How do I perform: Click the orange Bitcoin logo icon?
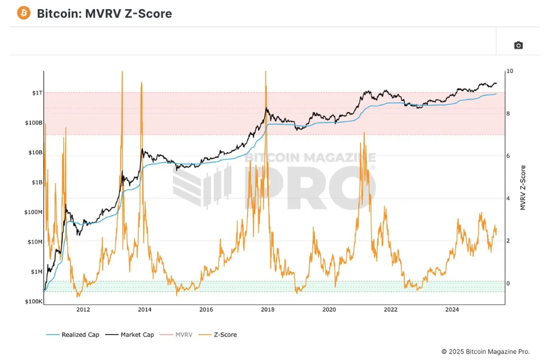(24, 13)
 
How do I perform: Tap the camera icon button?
(518, 46)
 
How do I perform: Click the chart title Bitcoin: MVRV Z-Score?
(104, 13)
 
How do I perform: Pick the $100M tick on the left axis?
(32, 212)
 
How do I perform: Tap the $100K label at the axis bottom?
(32, 301)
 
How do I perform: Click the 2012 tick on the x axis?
(83, 310)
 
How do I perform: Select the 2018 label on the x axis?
(267, 310)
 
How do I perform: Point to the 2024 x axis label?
(452, 310)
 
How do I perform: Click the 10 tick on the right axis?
(509, 71)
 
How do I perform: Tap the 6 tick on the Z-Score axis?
(508, 156)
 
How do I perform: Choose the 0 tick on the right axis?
(508, 283)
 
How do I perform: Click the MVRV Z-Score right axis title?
(523, 187)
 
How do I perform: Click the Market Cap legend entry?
(137, 335)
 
